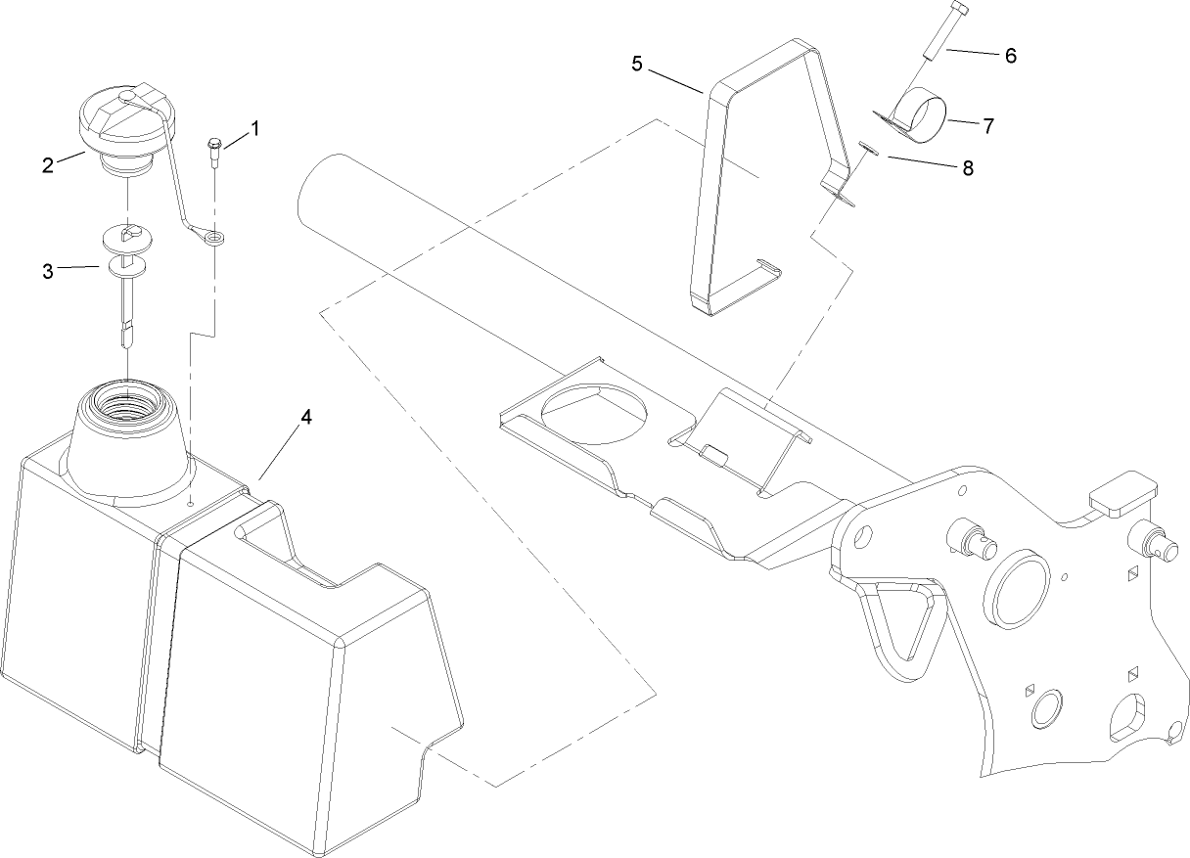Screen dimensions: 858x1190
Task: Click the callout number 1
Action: pos(255,128)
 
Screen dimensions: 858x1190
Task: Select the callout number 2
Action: pos(47,164)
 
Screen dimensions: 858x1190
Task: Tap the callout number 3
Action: pos(47,271)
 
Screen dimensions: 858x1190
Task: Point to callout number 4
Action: pos(306,417)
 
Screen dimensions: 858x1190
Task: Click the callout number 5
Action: pos(637,65)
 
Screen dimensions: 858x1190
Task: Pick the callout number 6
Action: pos(1011,56)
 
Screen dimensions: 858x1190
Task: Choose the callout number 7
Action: pos(988,125)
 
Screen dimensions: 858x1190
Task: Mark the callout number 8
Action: pos(968,167)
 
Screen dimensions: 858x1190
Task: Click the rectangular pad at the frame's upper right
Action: pos(1122,492)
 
